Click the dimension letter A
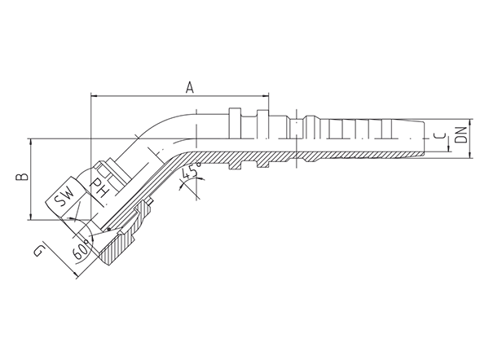[190, 88]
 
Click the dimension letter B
[23, 177]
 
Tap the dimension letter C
[440, 135]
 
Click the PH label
[98, 187]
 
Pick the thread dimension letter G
[38, 251]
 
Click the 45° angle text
[191, 173]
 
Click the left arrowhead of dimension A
[94, 96]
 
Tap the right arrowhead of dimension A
[266, 96]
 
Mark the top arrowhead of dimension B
[31, 143]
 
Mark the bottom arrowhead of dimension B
[31, 216]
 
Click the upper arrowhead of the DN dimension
[470, 123]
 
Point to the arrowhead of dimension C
[449, 148]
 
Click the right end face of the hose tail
[424, 138]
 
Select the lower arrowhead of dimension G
[75, 274]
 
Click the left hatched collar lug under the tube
[235, 165]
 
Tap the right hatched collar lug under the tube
[262, 164]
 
